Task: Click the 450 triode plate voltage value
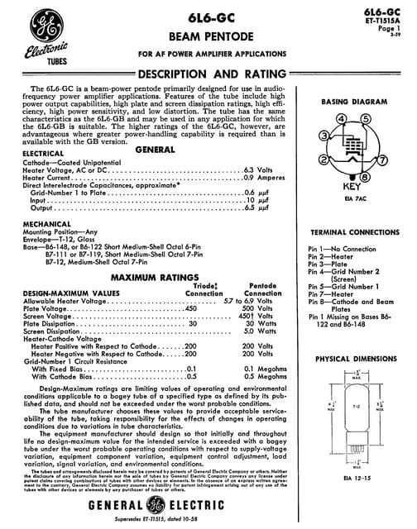(x=190, y=307)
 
